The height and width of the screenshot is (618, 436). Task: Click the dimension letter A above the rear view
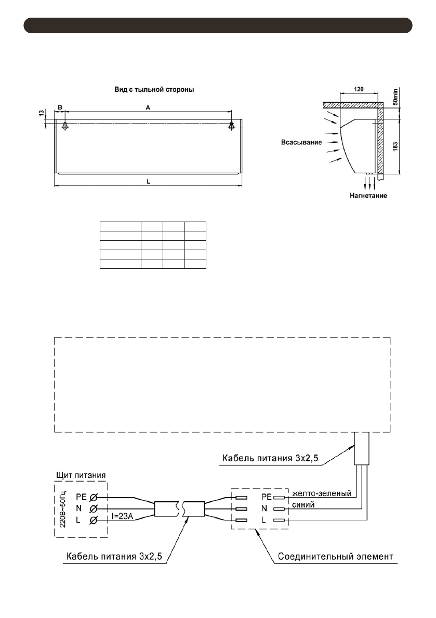tap(148, 107)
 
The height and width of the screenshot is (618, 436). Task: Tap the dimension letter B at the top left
tap(60, 107)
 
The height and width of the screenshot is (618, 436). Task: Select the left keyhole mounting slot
tap(64, 126)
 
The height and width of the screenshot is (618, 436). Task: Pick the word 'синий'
tap(303, 504)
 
